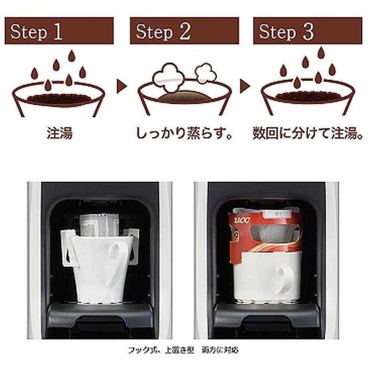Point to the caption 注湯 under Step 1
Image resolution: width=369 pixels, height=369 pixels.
tap(60, 133)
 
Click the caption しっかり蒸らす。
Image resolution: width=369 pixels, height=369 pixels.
tap(184, 133)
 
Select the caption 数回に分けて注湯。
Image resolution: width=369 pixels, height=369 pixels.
tap(308, 133)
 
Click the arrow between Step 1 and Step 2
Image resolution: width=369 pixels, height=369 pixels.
tap(121, 86)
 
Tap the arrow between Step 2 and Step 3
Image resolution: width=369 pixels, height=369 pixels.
tap(245, 86)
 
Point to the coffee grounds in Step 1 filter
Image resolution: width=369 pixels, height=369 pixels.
tap(59, 98)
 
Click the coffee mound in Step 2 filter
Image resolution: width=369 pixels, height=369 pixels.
tap(184, 96)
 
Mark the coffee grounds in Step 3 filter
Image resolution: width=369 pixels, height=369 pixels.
tap(308, 96)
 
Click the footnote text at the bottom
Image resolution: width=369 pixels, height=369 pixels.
tap(184, 350)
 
